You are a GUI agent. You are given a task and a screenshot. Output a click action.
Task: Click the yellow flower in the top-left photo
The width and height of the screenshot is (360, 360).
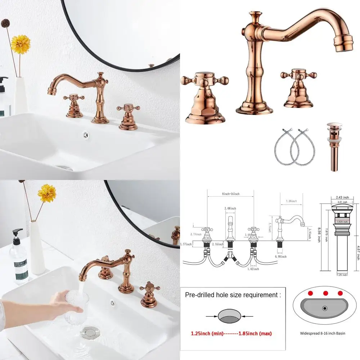[x=21, y=44]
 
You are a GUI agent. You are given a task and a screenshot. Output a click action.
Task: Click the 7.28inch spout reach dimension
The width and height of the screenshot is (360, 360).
[x=291, y=201]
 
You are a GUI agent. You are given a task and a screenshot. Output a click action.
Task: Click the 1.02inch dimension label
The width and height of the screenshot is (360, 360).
[x=254, y=269]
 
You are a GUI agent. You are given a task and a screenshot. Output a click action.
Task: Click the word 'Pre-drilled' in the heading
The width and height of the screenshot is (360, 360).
[x=200, y=295]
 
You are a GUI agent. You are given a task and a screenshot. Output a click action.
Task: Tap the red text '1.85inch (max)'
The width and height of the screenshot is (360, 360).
[x=256, y=334]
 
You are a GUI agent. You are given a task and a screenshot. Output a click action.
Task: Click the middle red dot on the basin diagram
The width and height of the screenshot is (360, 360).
[x=325, y=293]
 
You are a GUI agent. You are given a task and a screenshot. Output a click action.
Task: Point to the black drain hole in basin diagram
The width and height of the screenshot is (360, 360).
[x=325, y=308]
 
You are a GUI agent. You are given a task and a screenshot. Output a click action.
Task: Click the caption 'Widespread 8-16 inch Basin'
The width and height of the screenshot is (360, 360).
[x=323, y=333]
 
